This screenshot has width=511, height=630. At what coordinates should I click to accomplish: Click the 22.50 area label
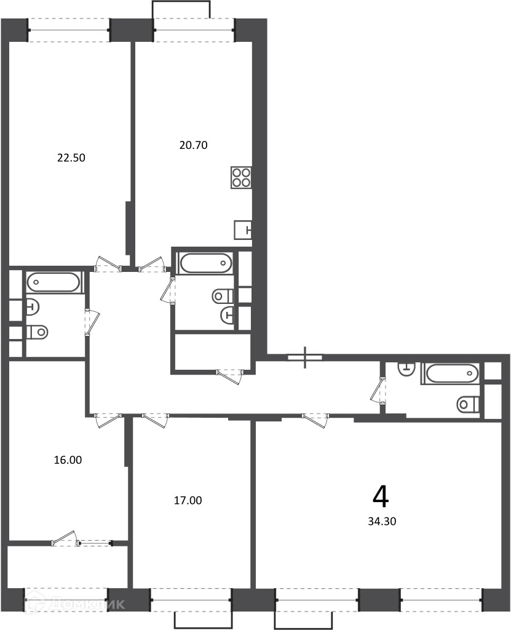click(x=71, y=158)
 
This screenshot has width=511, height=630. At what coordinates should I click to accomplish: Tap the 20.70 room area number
click(x=193, y=145)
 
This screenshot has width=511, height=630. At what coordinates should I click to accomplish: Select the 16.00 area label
click(x=68, y=460)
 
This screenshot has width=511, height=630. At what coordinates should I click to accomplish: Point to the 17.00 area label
click(x=188, y=500)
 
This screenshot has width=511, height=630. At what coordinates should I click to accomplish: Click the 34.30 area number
click(x=382, y=521)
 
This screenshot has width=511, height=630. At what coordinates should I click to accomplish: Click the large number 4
click(x=381, y=497)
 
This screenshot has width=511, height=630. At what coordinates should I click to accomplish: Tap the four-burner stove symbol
click(x=242, y=177)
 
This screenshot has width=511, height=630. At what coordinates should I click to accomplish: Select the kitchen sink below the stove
click(x=243, y=230)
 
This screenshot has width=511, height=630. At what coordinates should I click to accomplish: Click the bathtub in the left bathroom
click(x=54, y=282)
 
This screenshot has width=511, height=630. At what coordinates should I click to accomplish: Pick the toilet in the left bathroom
click(x=38, y=332)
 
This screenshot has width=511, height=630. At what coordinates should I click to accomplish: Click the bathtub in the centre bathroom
click(x=205, y=263)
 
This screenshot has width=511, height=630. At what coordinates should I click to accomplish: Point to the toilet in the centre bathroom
click(x=223, y=297)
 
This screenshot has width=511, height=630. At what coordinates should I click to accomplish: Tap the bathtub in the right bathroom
click(x=450, y=373)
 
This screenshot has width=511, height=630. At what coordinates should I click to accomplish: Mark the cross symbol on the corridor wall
click(x=306, y=357)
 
